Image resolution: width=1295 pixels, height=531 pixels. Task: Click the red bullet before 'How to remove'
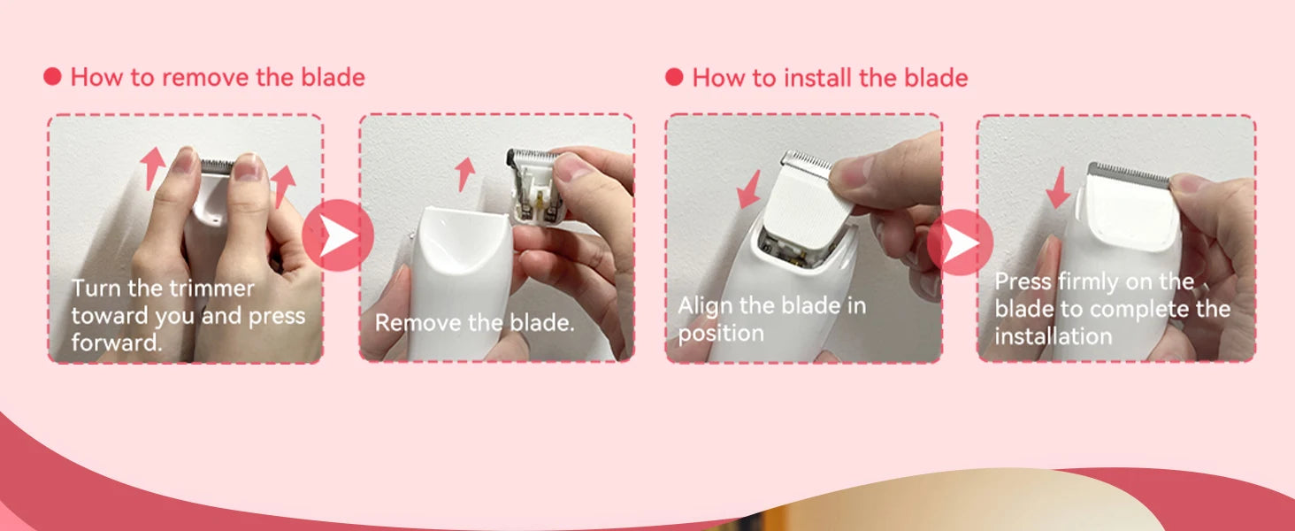click(x=52, y=76)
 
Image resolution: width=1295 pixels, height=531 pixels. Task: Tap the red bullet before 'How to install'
click(x=674, y=77)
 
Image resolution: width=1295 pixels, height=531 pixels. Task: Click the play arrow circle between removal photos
click(x=338, y=235)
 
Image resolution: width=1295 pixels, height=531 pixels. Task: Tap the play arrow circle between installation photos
click(x=961, y=242)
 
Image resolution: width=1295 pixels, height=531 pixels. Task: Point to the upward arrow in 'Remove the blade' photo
click(x=464, y=174)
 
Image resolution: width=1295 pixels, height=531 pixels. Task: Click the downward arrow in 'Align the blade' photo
click(x=750, y=189)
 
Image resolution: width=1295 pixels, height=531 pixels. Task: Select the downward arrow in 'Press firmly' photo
click(x=1059, y=188)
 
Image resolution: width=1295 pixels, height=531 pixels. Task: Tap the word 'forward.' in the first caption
click(x=117, y=342)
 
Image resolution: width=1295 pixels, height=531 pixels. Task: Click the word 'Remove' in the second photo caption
click(x=418, y=322)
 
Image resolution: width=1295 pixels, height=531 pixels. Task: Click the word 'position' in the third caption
click(x=721, y=334)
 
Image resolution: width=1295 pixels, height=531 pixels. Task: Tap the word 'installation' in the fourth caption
click(x=1054, y=336)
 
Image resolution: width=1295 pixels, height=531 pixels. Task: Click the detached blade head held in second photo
click(x=537, y=185)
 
